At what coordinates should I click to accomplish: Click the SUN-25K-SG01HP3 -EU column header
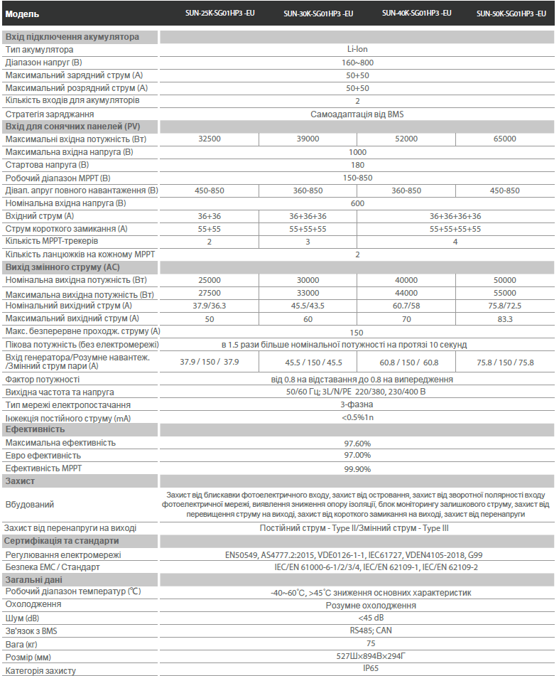[209, 13]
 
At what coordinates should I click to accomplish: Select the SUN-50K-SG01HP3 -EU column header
[511, 14]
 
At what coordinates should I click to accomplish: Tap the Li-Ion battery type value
[357, 50]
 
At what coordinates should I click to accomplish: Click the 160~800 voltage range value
[357, 63]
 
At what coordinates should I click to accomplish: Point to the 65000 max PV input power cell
[504, 139]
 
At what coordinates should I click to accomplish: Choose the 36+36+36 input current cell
[308, 216]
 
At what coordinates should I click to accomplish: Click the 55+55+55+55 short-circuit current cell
[455, 229]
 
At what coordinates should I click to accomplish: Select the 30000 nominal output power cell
[308, 280]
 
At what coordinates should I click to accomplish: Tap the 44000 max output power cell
[406, 293]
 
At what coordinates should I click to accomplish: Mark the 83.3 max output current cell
[504, 319]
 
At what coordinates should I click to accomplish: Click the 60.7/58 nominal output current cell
[406, 306]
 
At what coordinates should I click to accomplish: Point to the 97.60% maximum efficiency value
[357, 443]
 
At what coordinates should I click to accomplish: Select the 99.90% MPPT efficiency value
[357, 469]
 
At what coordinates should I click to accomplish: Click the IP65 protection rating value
[357, 669]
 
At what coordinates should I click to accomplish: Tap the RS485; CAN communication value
[357, 630]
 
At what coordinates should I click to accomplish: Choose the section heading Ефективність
[35, 429]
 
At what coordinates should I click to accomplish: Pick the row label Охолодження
[33, 604]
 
